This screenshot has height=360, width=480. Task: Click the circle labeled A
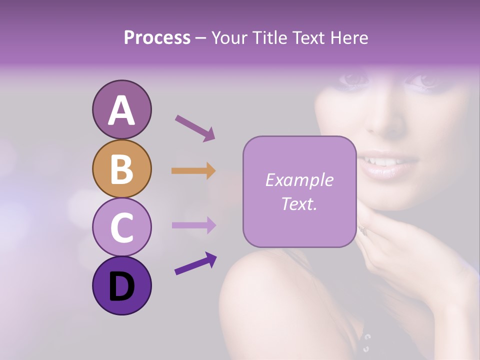pyautogui.click(x=121, y=109)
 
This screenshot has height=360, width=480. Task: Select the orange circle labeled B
pyautogui.click(x=121, y=168)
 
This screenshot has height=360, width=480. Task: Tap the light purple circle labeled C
pyautogui.click(x=121, y=227)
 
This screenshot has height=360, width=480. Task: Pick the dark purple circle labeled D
pyautogui.click(x=121, y=285)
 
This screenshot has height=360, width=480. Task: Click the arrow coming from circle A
pyautogui.click(x=195, y=128)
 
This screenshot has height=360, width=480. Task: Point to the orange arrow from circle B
pyautogui.click(x=193, y=171)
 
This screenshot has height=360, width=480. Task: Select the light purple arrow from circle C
pyautogui.click(x=193, y=225)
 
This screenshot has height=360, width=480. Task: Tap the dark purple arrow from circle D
pyautogui.click(x=195, y=264)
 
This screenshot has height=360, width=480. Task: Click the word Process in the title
pyautogui.click(x=157, y=37)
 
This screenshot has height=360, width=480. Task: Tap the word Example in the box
pyautogui.click(x=299, y=180)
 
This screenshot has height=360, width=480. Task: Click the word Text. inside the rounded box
pyautogui.click(x=299, y=203)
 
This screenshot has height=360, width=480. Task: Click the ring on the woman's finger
pyautogui.click(x=361, y=229)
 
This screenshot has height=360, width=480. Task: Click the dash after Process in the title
pyautogui.click(x=201, y=38)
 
